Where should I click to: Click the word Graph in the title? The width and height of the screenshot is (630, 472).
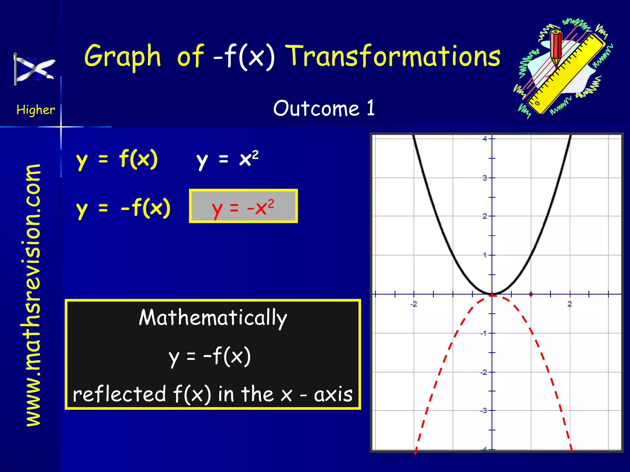[122, 56]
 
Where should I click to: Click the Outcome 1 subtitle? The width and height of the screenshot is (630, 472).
[324, 108]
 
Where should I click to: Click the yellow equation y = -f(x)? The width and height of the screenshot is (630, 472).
[123, 208]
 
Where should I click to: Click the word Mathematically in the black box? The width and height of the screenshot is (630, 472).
[213, 318]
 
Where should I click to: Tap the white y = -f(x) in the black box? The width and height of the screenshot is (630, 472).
[210, 356]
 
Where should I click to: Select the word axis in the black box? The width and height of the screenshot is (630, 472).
[333, 395]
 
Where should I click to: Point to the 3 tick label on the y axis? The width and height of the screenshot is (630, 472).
[485, 178]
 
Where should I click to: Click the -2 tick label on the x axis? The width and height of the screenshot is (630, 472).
[414, 304]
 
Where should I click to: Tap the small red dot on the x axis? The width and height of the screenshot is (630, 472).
[531, 294]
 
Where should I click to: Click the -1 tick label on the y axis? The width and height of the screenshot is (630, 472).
[484, 333]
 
